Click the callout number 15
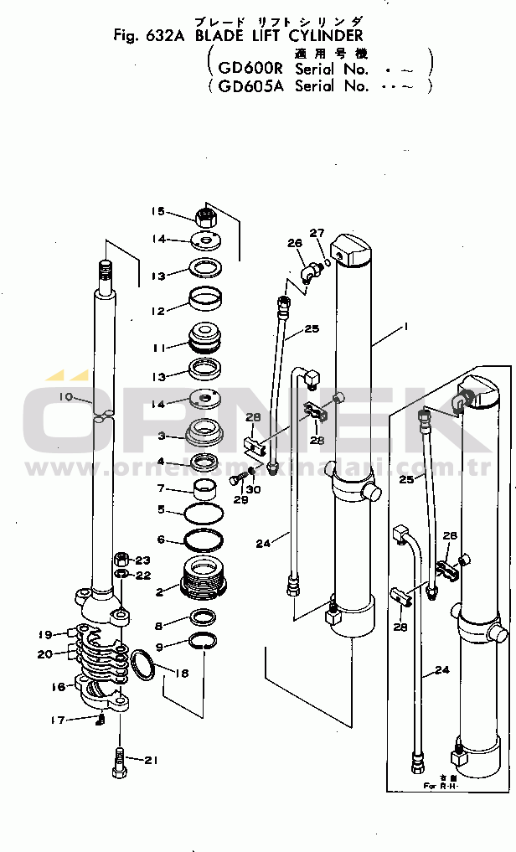157,212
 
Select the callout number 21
150,761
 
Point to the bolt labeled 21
120,762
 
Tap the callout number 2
161,591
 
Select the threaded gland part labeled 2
204,577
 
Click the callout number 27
317,233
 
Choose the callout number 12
157,310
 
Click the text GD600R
250,69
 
